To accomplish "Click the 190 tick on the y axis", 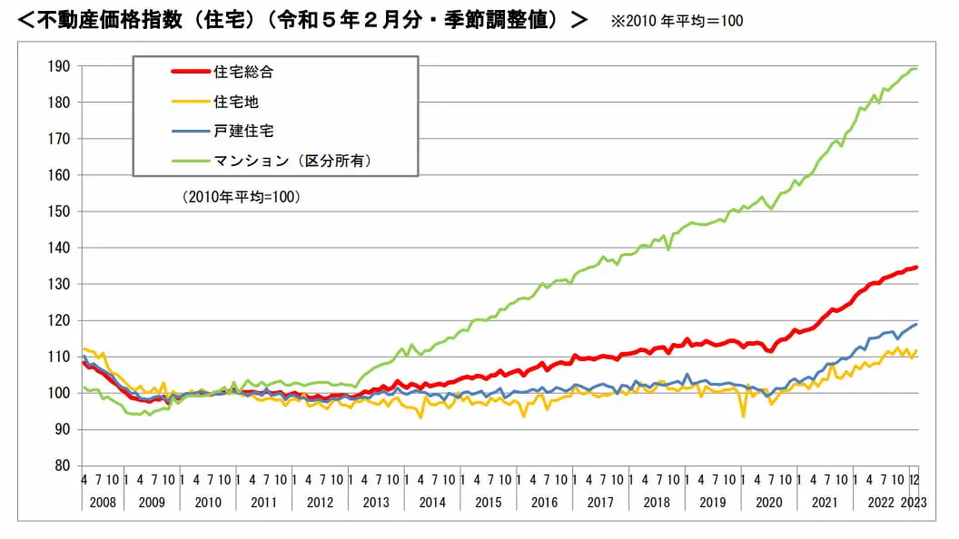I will coord(60,66).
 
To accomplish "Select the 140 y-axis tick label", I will coord(60,248).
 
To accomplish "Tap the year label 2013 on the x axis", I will coord(375,502).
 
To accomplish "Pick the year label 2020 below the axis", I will coord(767,502).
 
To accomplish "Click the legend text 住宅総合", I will coord(243,72).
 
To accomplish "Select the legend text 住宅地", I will coord(236,102).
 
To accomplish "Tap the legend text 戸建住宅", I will coord(243,131).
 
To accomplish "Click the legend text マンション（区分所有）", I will coord(292,160).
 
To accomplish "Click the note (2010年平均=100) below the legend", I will coord(242,196).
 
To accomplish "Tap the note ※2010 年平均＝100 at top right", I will coord(677,20).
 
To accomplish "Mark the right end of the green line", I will coord(916,68).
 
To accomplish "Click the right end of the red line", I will coord(916,267).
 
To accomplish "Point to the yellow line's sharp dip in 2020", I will coord(744,416).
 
